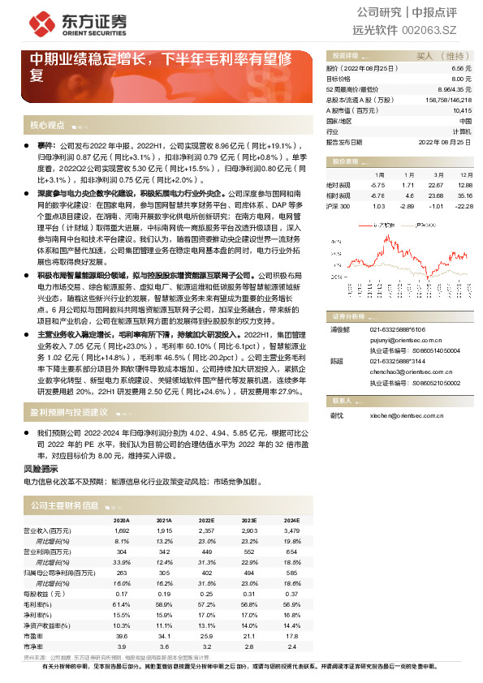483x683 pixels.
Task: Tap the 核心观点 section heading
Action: point(46,126)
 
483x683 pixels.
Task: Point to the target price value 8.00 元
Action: point(461,79)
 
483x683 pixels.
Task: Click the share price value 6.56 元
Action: point(461,70)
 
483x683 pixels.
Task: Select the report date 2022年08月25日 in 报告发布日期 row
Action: point(444,141)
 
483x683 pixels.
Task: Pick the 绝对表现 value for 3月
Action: point(438,184)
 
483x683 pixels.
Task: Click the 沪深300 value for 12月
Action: point(464,207)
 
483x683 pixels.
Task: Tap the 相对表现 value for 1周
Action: point(377,195)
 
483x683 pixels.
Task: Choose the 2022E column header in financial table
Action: point(206,520)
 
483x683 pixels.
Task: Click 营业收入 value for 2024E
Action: point(289,530)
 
